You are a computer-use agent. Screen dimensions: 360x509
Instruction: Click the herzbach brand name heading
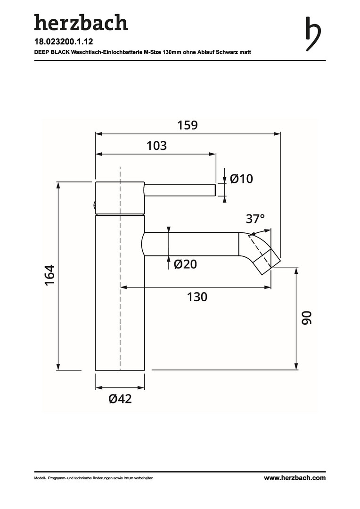click(81, 23)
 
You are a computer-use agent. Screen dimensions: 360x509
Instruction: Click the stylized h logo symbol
click(313, 34)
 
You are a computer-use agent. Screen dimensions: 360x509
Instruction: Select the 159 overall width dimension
click(188, 125)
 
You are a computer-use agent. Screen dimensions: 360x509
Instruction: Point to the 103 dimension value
click(156, 146)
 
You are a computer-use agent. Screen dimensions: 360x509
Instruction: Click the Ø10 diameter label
click(241, 179)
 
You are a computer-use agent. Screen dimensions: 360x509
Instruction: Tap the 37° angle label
click(255, 219)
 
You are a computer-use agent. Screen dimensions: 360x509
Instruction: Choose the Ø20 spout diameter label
click(185, 264)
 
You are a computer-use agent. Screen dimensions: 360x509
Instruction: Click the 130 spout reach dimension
click(197, 297)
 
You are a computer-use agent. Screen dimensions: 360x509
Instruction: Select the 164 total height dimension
click(49, 275)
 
